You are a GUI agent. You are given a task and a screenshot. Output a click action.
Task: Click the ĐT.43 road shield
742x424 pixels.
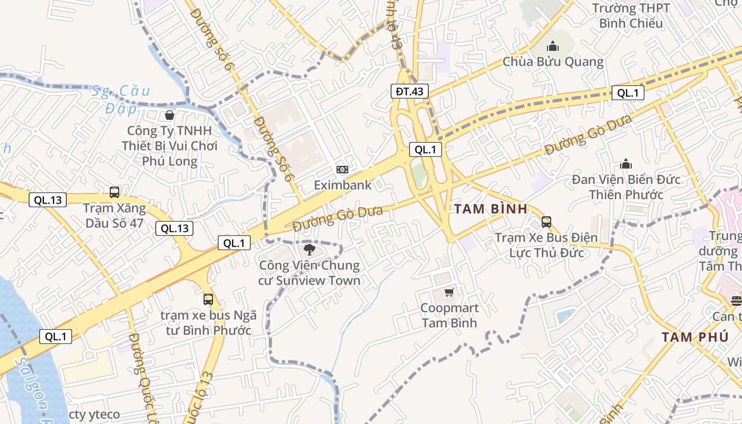[x=410, y=91]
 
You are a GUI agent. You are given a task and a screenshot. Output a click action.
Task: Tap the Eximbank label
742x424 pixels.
[x=342, y=185]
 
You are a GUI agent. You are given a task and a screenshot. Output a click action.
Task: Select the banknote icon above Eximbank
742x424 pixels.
[x=342, y=170]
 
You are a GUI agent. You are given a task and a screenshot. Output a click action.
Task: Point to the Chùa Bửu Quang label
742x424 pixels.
[x=553, y=61]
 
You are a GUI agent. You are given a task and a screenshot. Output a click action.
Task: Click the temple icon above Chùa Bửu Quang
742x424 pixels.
[x=553, y=47]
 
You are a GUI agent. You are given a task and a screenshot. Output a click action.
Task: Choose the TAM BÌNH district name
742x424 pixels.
[x=491, y=209]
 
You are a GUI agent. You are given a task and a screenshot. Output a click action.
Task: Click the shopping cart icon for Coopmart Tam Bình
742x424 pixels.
[x=449, y=292]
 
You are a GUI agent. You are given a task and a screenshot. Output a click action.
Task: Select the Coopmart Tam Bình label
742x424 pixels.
[x=449, y=315]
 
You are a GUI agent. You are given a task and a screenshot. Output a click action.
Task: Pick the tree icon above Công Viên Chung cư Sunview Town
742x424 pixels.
[x=310, y=250]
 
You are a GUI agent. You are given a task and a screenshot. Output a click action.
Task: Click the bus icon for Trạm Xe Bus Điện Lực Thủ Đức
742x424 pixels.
[x=546, y=222]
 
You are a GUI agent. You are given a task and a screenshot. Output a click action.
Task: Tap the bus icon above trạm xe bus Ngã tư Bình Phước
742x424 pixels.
[x=208, y=299]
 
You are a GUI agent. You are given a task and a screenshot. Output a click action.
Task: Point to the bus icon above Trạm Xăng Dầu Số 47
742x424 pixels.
[x=114, y=192]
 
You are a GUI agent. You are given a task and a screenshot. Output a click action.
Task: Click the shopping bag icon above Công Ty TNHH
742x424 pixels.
[x=170, y=115]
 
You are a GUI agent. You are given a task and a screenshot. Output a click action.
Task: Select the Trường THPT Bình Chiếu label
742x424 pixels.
[x=631, y=16]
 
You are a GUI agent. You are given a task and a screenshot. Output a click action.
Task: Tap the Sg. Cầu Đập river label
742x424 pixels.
[x=120, y=100]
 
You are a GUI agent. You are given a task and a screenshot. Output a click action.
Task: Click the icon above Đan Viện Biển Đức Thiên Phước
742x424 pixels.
[x=626, y=164]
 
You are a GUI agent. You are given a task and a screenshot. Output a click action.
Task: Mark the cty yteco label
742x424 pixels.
[x=94, y=414]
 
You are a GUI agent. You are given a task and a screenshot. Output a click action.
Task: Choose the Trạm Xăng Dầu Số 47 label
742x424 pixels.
[x=114, y=215]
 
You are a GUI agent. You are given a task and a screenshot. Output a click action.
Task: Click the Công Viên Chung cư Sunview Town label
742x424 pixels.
[x=310, y=273]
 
